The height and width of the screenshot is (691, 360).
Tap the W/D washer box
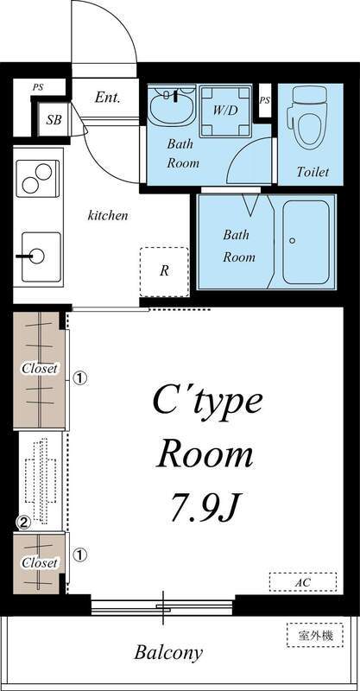coord(225,111)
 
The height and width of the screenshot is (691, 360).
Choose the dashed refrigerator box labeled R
coord(164,270)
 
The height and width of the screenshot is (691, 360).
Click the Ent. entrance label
coord(108,98)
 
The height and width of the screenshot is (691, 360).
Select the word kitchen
coord(108,215)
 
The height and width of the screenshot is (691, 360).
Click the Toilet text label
coord(313,172)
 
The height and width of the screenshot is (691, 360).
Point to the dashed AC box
coord(301,583)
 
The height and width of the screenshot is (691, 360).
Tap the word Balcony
coord(168,653)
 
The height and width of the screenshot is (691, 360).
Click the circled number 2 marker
coord(24,522)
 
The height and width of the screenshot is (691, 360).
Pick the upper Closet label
coord(40,369)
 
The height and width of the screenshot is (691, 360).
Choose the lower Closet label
coord(40,563)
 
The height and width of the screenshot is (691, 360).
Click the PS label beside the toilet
coord(264,101)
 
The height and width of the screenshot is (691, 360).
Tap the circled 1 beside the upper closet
coord(79,377)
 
